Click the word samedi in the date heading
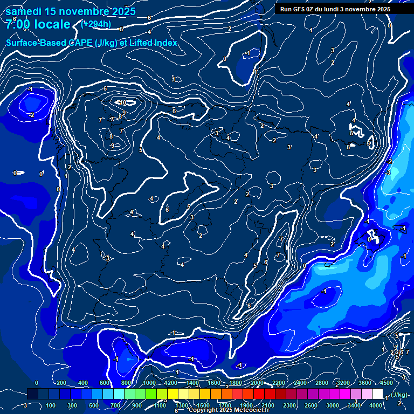coord(21,11)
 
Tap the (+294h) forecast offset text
coord(95,24)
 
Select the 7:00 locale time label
coord(38,24)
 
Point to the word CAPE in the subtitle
coord(81,43)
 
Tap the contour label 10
coord(123,102)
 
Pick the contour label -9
coord(112,146)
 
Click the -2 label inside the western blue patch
coord(31,115)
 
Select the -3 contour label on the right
coord(387,172)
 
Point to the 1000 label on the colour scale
coord(149,383)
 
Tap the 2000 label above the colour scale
coord(257,383)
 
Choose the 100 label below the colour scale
coord(51,405)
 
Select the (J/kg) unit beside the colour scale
coord(399,395)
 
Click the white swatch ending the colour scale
coord(378,394)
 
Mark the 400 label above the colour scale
coord(82,383)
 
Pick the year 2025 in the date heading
coord(121,11)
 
